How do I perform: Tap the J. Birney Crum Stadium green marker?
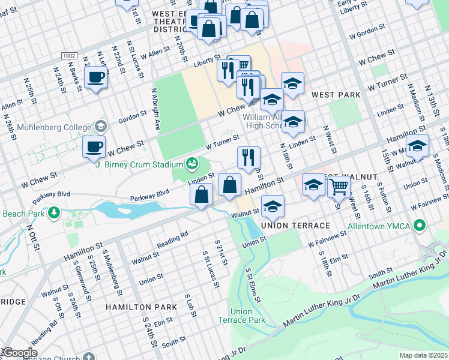192,163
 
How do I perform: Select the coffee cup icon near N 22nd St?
95,77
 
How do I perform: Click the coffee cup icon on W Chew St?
94,147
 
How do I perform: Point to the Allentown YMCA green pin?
420,226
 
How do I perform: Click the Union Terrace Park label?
249,316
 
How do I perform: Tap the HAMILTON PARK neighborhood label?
141,307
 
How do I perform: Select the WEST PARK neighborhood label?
336,95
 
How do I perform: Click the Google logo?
19,353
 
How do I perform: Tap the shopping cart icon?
339,187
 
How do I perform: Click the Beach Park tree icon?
55,212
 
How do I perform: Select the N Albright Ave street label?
155,113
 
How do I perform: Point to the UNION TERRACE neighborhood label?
295,225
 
